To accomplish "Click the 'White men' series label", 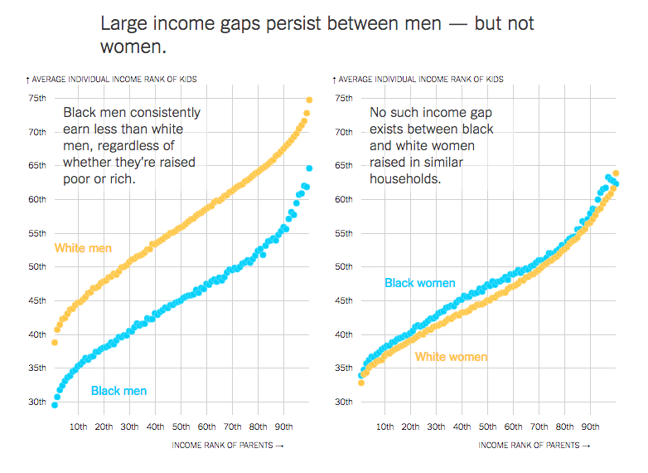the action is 83,248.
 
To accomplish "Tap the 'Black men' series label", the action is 118,391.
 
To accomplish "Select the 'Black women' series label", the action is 420,283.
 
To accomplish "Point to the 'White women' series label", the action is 452,357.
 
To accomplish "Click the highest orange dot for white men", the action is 309,100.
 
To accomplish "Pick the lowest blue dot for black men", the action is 55,405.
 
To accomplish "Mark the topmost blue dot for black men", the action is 309,168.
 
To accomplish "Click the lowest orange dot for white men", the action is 55,343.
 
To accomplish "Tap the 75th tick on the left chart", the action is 37,98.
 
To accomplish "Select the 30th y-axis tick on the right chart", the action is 344,402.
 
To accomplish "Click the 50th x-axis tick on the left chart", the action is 181,427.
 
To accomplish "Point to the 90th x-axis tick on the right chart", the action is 590,427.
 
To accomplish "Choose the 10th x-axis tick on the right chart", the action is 384,427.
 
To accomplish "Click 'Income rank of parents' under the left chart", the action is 222,446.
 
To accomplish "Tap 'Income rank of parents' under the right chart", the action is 529,446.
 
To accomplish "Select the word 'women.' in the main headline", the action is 133,46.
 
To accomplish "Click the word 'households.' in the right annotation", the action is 405,178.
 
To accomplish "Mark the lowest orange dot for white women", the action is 361,383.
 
